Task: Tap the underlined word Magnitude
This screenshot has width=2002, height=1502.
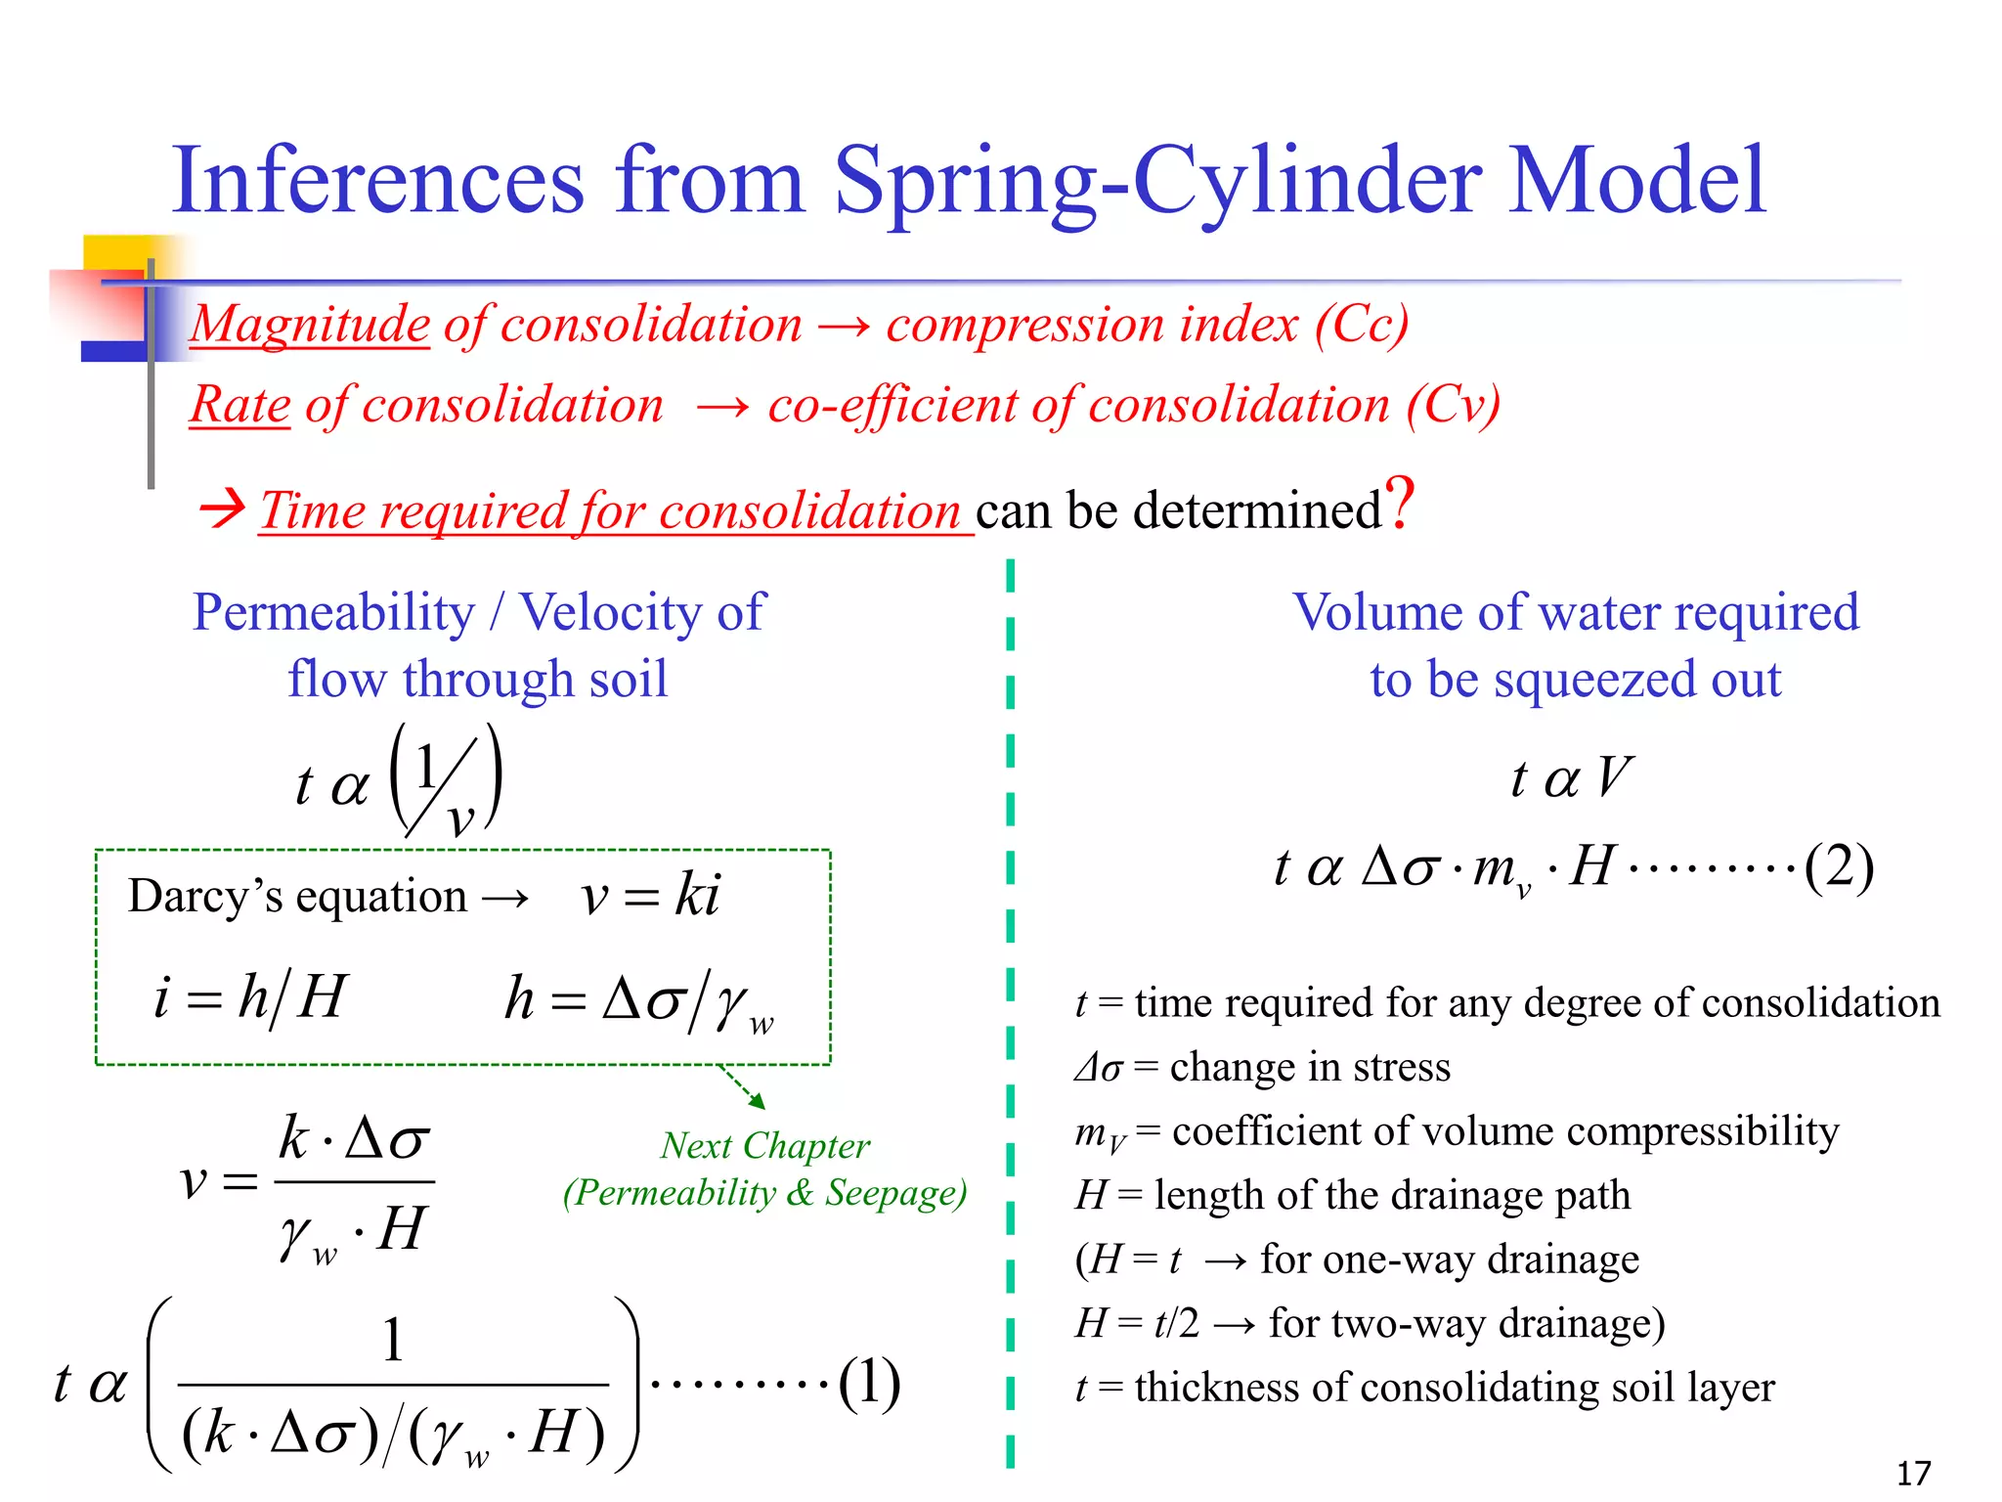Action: coord(310,325)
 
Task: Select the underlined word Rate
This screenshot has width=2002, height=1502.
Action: coord(240,405)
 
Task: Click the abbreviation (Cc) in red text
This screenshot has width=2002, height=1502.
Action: coord(1361,325)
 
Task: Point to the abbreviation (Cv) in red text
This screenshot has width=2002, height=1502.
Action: coord(1453,405)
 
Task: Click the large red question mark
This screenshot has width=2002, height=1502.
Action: coord(1401,505)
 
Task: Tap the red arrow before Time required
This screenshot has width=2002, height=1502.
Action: coord(222,508)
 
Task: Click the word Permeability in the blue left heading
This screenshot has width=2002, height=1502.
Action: coord(333,613)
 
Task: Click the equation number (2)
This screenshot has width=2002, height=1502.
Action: coord(1838,867)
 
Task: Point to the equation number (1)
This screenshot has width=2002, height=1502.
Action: coord(868,1383)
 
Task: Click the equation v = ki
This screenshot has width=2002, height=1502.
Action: coord(650,896)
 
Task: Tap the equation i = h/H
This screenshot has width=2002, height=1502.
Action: coord(250,998)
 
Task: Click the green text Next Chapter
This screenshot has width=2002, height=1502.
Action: coord(764,1146)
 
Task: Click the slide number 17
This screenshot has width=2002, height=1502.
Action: coord(1913,1473)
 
